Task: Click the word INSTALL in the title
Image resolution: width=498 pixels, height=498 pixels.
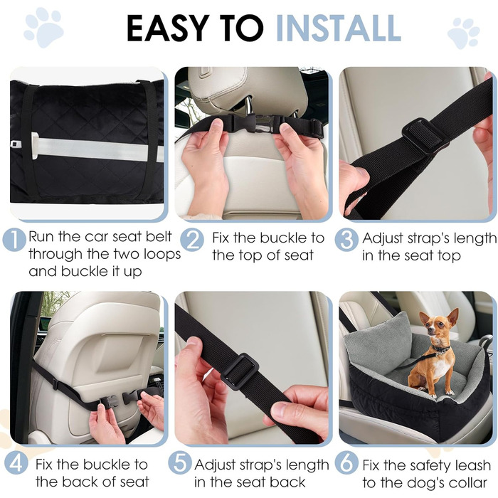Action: [338, 28]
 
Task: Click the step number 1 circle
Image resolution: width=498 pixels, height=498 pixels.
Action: [14, 240]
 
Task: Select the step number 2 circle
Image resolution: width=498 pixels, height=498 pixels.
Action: [193, 240]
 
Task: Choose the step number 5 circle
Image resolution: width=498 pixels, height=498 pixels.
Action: [180, 464]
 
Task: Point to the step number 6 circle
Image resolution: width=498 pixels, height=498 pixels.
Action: [346, 464]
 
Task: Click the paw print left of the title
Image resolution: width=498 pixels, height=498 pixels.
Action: [43, 27]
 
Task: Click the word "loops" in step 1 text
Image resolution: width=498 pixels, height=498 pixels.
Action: [162, 254]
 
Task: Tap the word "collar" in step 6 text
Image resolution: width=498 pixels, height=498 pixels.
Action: [466, 482]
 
